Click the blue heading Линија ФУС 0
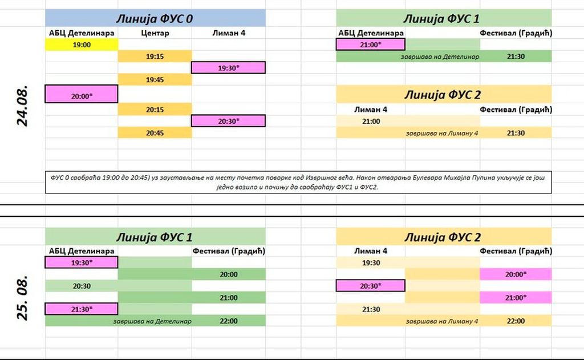click(155, 18)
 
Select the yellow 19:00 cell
click(81, 44)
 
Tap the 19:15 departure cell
click(155, 56)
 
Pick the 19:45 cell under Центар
click(155, 80)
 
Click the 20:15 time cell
click(155, 110)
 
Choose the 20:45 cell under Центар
click(155, 133)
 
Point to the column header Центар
click(155, 33)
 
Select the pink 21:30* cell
click(81, 309)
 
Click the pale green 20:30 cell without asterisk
click(81, 286)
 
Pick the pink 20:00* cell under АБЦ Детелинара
click(81, 96)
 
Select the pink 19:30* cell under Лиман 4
click(229, 68)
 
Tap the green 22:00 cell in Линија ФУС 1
click(229, 321)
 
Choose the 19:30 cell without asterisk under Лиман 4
click(371, 262)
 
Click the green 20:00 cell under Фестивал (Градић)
click(229, 274)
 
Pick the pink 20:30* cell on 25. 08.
click(371, 286)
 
